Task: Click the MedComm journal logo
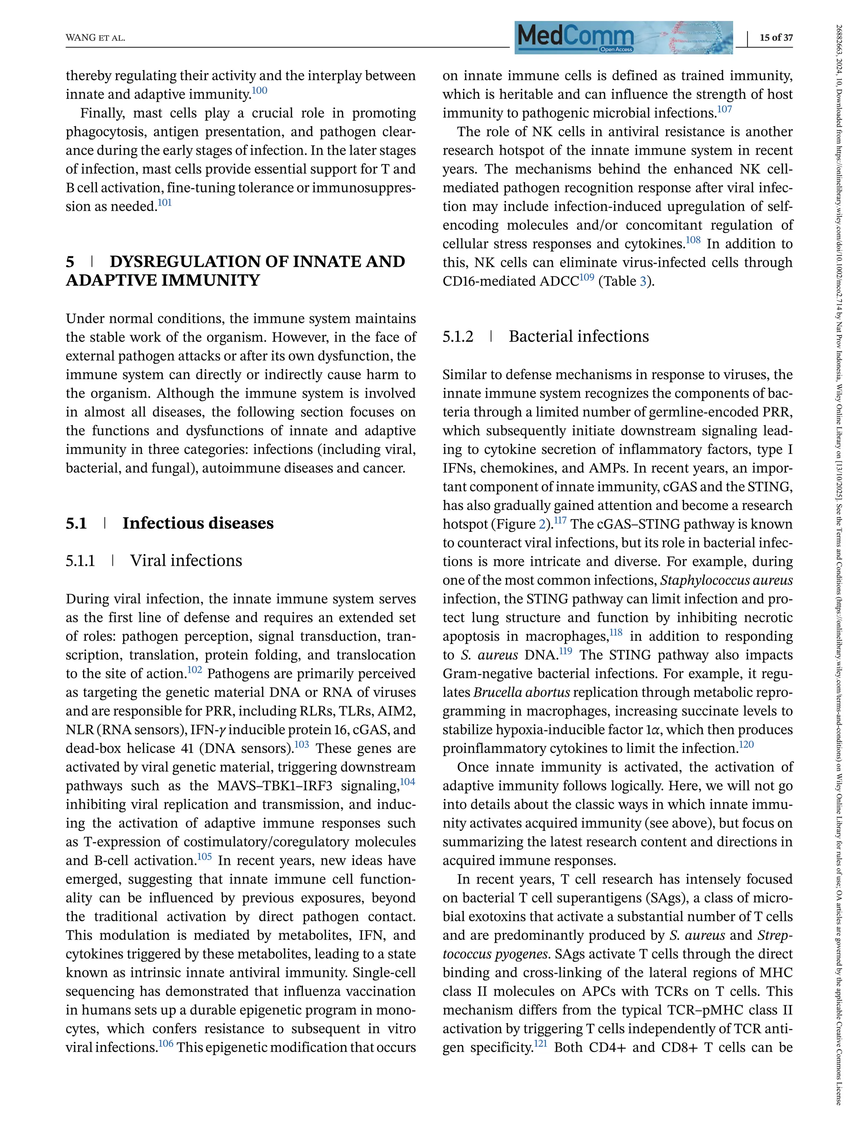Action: pos(623,37)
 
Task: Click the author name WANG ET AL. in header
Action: pos(96,38)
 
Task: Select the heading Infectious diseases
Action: pos(198,523)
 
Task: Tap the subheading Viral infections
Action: pos(186,560)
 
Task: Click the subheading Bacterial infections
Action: pos(578,336)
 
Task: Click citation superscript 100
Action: pos(260,91)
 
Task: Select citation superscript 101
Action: pos(165,203)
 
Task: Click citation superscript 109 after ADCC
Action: pos(587,277)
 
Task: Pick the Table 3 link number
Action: pos(643,281)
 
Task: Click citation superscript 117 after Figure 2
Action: pos(560,520)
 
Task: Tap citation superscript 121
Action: pos(541,1043)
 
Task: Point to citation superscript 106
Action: pos(166,1043)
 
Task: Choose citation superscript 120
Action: pos(747,744)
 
